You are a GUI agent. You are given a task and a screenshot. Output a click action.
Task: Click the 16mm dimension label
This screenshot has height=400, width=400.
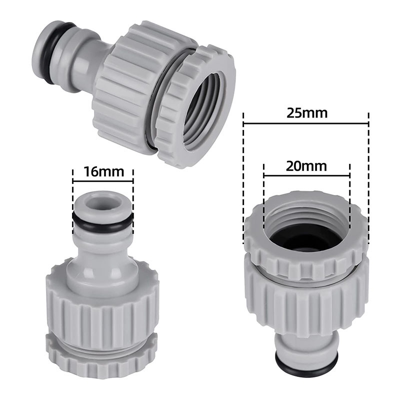103,171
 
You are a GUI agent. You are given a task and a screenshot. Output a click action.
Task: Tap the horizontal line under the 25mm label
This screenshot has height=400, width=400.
306,123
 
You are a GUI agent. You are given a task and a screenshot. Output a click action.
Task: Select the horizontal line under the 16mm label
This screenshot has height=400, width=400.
103,181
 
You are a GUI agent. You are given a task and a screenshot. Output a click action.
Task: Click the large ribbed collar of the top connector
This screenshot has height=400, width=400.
125,85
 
